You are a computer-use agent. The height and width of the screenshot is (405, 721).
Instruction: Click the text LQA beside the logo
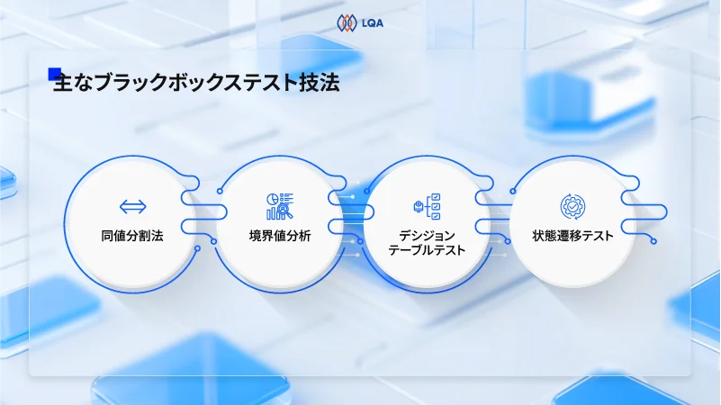[371, 22]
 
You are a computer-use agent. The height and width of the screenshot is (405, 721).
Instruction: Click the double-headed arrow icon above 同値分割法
[132, 206]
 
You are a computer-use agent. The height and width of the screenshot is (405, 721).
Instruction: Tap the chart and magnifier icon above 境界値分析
[280, 206]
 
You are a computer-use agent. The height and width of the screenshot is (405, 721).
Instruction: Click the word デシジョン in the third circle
[427, 236]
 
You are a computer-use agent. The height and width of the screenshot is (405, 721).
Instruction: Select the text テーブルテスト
[427, 250]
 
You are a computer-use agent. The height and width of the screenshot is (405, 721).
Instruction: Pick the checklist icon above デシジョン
[427, 206]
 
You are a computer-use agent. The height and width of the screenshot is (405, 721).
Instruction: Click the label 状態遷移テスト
[573, 237]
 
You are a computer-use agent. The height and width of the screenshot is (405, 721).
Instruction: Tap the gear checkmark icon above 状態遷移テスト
[573, 206]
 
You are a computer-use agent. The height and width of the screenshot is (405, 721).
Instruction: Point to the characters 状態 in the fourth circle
[546, 237]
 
